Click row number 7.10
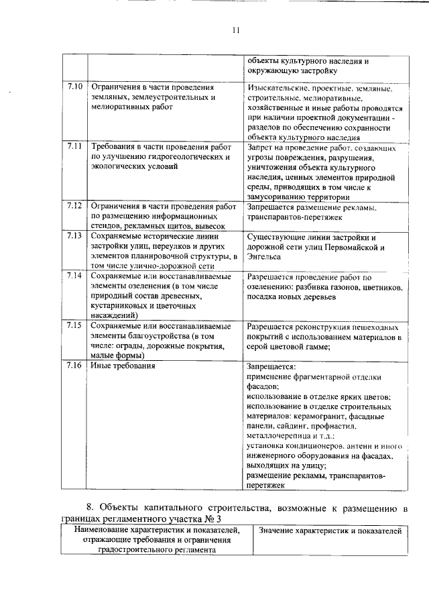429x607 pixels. pyautogui.click(x=74, y=87)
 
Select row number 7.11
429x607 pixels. pyautogui.click(x=74, y=146)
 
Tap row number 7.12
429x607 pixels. pyautogui.click(x=74, y=205)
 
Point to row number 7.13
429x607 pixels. pyautogui.click(x=74, y=236)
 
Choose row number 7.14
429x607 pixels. pyautogui.click(x=74, y=276)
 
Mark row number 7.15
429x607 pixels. pyautogui.click(x=74, y=325)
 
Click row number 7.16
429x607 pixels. pyautogui.click(x=74, y=366)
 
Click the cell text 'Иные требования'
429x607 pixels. pyautogui.click(x=123, y=366)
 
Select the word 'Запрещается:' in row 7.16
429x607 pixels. pyautogui.click(x=271, y=368)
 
